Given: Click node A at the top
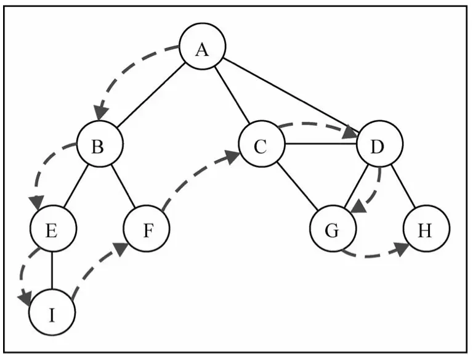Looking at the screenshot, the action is click(x=203, y=46).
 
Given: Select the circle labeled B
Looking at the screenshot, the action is click(x=100, y=144).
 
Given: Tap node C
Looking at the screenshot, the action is click(x=262, y=144).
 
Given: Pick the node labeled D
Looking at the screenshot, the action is click(x=380, y=144).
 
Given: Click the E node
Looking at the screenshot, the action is click(x=54, y=228).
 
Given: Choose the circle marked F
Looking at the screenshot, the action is click(x=147, y=228).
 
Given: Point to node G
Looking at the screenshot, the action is click(x=333, y=228).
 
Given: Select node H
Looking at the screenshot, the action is click(x=427, y=228).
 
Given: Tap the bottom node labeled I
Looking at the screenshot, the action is click(x=52, y=313).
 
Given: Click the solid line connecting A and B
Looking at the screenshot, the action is click(x=151, y=95).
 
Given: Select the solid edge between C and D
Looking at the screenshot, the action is click(x=321, y=144).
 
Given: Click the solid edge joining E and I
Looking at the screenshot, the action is click(x=52, y=270).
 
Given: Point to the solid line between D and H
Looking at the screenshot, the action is click(x=403, y=186).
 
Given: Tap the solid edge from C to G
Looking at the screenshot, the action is click(x=297, y=186).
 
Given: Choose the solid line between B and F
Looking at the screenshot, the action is click(x=123, y=186).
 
